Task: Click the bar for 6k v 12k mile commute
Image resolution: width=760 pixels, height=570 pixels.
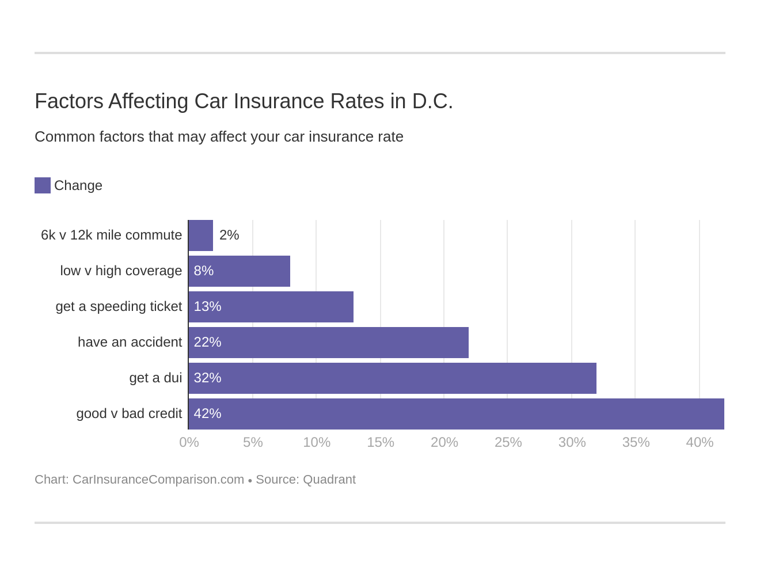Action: [201, 235]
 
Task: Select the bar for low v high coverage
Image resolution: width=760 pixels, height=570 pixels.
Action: [240, 271]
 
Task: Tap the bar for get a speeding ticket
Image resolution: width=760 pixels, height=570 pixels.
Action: [271, 307]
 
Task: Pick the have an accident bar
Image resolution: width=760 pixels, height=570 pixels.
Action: [329, 343]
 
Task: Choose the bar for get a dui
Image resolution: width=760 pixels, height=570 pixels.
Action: [393, 378]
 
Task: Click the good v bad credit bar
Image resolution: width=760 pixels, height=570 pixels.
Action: [456, 414]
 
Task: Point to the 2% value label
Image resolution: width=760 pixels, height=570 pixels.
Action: [229, 235]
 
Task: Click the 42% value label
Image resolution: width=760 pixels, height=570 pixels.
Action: [207, 414]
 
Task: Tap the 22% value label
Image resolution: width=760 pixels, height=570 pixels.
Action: [207, 343]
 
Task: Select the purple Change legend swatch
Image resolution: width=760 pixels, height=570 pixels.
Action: [43, 185]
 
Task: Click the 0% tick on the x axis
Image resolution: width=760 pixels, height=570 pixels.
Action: [189, 442]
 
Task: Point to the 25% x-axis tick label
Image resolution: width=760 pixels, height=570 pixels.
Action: [508, 442]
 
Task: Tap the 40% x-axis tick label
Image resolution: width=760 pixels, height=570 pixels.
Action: [700, 442]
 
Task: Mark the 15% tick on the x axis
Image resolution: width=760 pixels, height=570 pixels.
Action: [381, 442]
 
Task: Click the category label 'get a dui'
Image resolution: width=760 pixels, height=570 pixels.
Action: [155, 378]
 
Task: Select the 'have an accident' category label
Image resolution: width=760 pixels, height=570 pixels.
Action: [130, 343]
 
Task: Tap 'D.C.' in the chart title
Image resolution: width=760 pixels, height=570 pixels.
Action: [432, 101]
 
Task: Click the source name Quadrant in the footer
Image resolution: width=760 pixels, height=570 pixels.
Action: [329, 480]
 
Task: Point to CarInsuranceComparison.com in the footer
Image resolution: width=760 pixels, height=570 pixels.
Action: [158, 480]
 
